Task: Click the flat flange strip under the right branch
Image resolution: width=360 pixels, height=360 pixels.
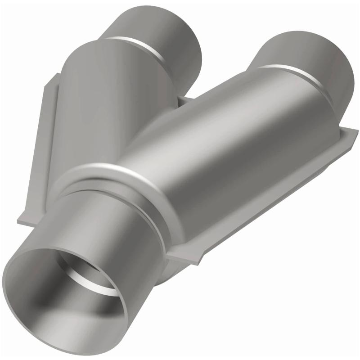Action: pos(270,202)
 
